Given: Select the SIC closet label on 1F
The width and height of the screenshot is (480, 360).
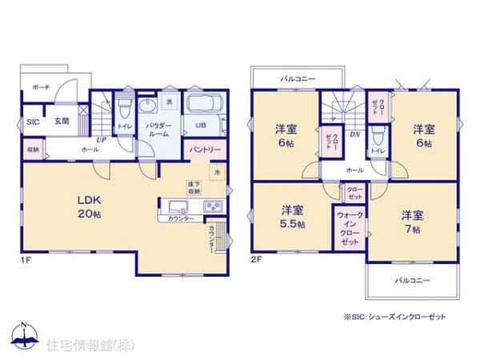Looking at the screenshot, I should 33,122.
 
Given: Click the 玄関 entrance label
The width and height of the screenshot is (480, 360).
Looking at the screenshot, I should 62,122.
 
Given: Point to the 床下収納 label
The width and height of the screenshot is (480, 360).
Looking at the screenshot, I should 194,187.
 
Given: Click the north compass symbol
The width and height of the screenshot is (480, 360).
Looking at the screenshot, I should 25,334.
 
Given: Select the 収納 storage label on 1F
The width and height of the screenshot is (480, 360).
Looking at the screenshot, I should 32,150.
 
